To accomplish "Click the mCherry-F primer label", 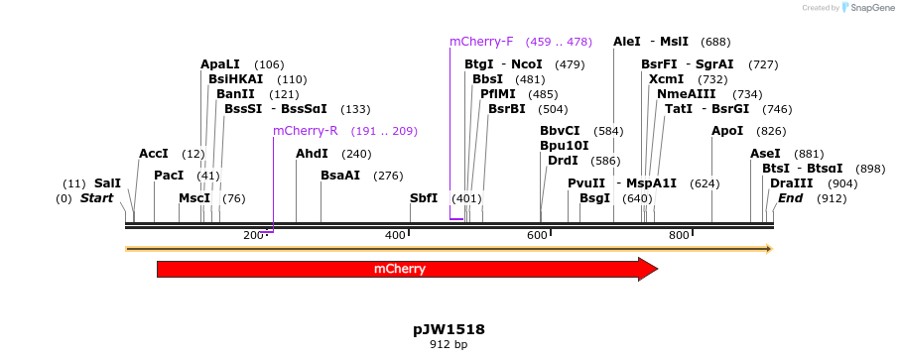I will (x=481, y=42).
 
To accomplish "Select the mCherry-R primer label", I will (x=305, y=131).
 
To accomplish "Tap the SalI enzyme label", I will (x=107, y=183).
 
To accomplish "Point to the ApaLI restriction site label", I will (x=220, y=64).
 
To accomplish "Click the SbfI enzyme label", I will (x=424, y=198).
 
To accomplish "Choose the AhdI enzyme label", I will (x=312, y=154).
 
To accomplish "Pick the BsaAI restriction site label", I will (x=340, y=176).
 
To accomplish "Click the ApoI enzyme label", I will (x=727, y=131).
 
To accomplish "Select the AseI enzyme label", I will (x=765, y=154).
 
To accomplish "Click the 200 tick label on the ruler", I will (x=253, y=235).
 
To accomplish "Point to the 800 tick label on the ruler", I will (x=679, y=235).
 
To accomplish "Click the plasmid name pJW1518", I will (x=449, y=329).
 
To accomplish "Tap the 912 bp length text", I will (x=449, y=345).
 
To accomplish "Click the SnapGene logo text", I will (x=870, y=8).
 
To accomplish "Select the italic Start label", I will (x=97, y=198).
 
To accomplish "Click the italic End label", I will (x=790, y=198).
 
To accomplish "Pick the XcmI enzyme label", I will (x=666, y=79).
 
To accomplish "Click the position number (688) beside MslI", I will (x=715, y=42).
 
